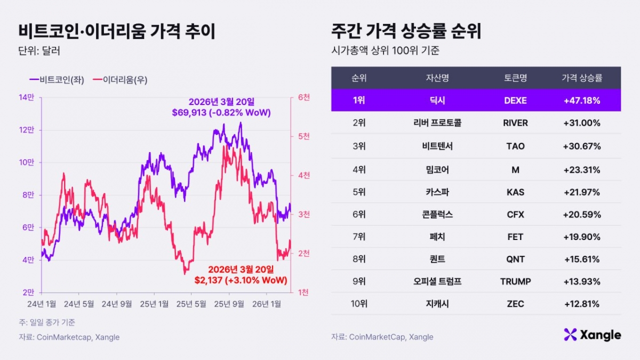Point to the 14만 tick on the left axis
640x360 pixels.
point(26,97)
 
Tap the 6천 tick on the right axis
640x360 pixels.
point(304,97)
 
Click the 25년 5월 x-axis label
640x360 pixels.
point(191,304)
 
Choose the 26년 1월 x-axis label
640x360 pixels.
point(267,304)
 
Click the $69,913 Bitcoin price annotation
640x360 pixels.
point(221,113)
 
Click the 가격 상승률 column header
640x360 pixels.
point(581,78)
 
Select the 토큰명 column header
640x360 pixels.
point(515,78)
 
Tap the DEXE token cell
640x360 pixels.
point(515,100)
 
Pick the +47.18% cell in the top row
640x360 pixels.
point(581,100)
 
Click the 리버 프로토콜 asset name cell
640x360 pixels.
point(434,123)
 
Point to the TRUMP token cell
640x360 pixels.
point(515,282)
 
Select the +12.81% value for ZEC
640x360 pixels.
point(581,304)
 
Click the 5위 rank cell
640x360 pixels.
point(359,192)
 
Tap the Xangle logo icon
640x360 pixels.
point(570,335)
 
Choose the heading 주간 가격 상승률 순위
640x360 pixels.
point(406,31)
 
